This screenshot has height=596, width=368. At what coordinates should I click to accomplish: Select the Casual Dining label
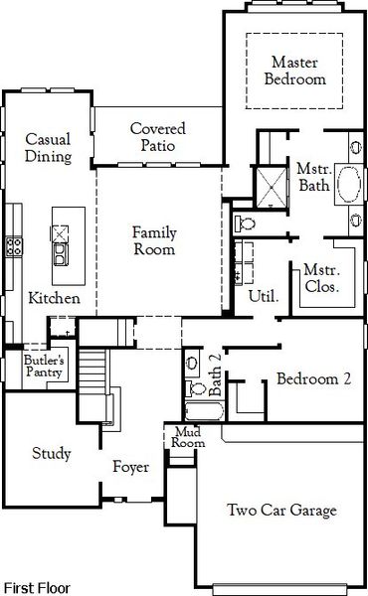click(48, 147)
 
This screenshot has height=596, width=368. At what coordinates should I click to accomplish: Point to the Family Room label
click(155, 241)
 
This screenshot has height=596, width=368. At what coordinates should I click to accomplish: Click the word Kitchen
click(48, 298)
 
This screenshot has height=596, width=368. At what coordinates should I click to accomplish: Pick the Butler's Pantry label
click(44, 367)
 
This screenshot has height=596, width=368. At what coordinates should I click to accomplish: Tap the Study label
click(51, 454)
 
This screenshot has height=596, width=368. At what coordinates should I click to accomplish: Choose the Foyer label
click(130, 466)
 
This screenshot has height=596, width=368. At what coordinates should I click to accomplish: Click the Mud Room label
click(189, 437)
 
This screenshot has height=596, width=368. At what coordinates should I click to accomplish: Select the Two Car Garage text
click(281, 511)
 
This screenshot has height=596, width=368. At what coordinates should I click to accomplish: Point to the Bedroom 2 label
click(313, 378)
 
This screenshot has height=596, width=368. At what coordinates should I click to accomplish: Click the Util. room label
click(263, 295)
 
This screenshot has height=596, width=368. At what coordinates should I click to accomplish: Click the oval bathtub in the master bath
click(349, 187)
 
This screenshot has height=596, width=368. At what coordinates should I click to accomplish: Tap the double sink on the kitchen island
click(61, 244)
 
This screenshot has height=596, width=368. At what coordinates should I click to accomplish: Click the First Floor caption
click(36, 587)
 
